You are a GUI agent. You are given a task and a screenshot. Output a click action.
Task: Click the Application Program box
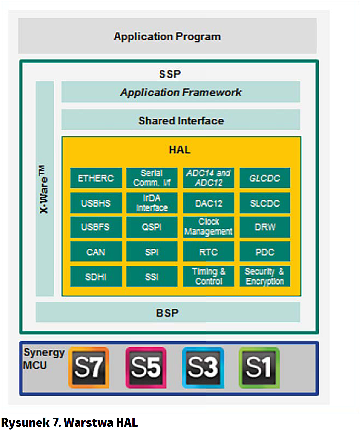coord(167,36)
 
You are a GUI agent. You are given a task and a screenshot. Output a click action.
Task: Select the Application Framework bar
coord(181,92)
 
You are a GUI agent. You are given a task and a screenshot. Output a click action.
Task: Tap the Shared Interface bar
coord(181,120)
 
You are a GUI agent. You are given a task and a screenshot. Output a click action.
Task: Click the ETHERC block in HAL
coord(96,178)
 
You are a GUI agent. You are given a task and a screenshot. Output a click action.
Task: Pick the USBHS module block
coord(96,203)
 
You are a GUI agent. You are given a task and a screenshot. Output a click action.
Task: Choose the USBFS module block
coord(96,227)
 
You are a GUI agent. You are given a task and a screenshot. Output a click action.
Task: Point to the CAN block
coord(96,252)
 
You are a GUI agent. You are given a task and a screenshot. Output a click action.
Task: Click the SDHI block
coord(96,276)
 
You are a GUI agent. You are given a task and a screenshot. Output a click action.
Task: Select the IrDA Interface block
coord(152,203)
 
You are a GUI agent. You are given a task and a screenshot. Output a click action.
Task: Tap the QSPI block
coord(152,227)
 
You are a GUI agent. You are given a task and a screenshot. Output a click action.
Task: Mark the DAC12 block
coord(208,203)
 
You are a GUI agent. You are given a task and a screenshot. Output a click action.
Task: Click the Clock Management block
coord(208,227)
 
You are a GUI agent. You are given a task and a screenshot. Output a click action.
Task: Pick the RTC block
coord(208,252)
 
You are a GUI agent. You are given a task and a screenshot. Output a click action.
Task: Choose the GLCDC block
coord(265,178)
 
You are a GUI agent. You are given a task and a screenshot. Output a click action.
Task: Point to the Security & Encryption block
coord(265,276)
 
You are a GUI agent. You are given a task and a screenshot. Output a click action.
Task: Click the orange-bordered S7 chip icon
coord(89,367)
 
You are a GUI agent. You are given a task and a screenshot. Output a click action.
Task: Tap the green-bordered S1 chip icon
coord(259,367)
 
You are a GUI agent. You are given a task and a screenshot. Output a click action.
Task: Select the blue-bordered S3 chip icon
coord(202,367)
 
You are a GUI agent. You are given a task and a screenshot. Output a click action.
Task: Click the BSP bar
coord(167,312)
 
